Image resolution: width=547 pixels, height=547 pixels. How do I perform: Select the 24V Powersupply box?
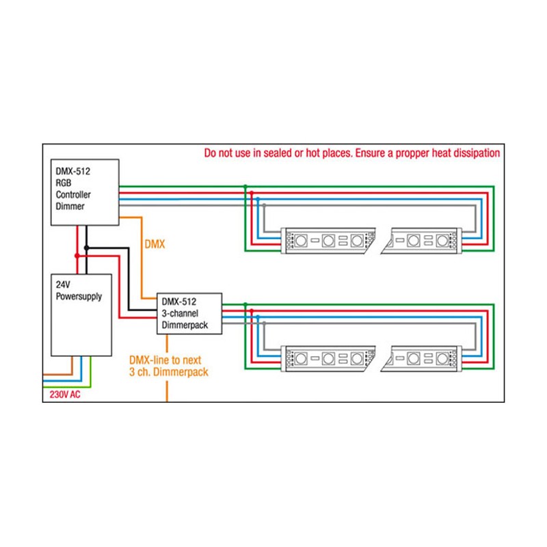point(81,315)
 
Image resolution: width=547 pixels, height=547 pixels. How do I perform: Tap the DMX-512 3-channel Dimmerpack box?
point(190,313)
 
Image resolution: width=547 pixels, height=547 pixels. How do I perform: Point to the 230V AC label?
point(65,395)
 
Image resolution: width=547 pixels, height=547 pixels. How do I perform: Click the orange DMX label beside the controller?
point(156,243)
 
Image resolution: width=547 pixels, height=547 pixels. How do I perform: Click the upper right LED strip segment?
point(425,240)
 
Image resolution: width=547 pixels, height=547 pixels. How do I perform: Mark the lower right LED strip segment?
point(425,357)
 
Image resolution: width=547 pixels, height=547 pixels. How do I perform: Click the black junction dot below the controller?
point(86,247)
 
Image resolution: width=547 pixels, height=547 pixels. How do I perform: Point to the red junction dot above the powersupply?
point(77,256)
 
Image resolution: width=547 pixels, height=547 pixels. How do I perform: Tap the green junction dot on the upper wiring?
point(245,186)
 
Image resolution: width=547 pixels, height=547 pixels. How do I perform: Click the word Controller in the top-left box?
point(73,194)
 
